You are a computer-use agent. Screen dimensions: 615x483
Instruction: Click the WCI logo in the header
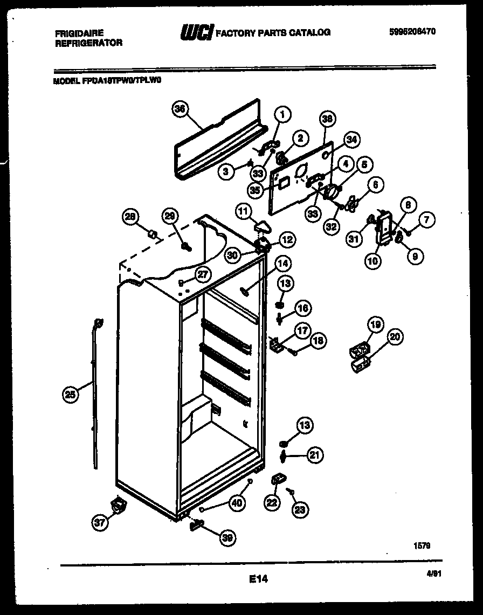click(x=197, y=33)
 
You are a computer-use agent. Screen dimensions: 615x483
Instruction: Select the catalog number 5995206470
click(x=411, y=32)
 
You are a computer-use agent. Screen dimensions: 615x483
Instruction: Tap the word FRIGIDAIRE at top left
click(x=79, y=33)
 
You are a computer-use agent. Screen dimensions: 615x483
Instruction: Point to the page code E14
click(x=258, y=579)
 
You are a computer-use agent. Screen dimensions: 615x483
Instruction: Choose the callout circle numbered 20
click(x=395, y=337)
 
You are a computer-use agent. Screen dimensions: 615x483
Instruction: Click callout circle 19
click(x=375, y=324)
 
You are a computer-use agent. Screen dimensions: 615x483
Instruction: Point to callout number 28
click(x=130, y=216)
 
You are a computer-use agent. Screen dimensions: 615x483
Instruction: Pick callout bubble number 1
click(x=282, y=114)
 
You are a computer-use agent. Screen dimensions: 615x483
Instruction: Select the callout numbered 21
click(x=315, y=455)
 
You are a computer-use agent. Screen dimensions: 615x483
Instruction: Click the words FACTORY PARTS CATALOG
click(x=273, y=33)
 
